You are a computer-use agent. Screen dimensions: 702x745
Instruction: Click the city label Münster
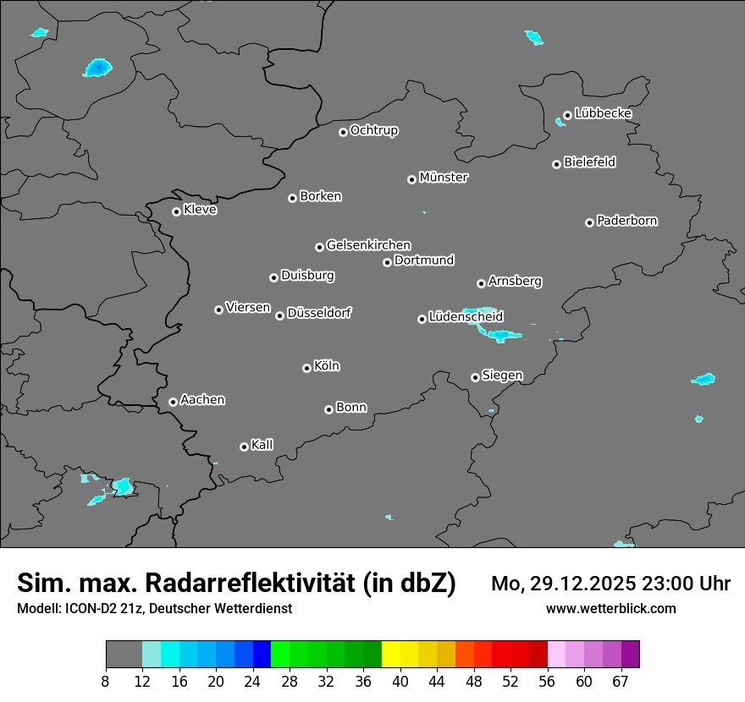[x=444, y=178]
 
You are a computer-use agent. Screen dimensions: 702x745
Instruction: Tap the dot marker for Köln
[x=306, y=368]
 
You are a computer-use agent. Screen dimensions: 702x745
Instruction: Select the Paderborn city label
[x=627, y=221]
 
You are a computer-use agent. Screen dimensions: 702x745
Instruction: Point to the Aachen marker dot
[x=173, y=402]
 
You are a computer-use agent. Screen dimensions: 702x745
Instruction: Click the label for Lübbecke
[x=603, y=113]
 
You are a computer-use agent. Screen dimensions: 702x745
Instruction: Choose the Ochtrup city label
[x=374, y=130]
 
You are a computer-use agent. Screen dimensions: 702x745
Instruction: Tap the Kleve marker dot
[x=176, y=211]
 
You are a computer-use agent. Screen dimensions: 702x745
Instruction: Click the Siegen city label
[x=502, y=376]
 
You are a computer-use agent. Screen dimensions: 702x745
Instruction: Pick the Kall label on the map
[x=262, y=445]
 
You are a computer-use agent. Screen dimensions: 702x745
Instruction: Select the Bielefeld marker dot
[x=556, y=164]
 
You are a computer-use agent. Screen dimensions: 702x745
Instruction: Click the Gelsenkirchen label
[x=368, y=245]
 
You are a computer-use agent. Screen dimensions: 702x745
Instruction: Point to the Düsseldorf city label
[x=319, y=313]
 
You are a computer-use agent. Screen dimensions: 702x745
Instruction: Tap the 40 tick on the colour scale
[x=400, y=681]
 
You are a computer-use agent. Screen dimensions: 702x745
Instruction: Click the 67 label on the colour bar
[x=621, y=681]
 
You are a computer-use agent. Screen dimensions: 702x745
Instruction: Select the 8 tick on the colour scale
[x=106, y=681]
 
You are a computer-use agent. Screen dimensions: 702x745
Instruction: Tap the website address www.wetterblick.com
[x=611, y=609]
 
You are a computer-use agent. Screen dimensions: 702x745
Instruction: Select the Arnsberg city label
[x=515, y=281]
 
